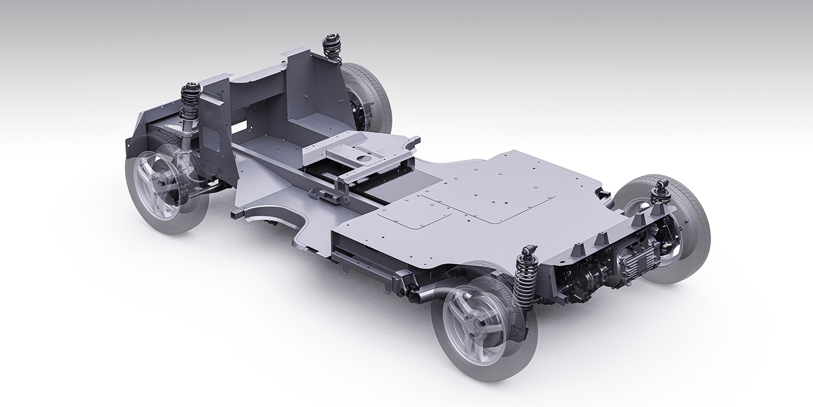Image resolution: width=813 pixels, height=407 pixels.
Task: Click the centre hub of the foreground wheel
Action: (479, 322)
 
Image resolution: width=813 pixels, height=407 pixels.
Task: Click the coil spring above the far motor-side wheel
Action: (660, 193)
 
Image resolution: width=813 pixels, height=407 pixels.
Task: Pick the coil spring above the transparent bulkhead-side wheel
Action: (190, 103)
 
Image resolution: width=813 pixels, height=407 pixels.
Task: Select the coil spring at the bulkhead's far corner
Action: (331, 49)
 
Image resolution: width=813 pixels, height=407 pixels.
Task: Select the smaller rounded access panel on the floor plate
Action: (415, 214)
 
